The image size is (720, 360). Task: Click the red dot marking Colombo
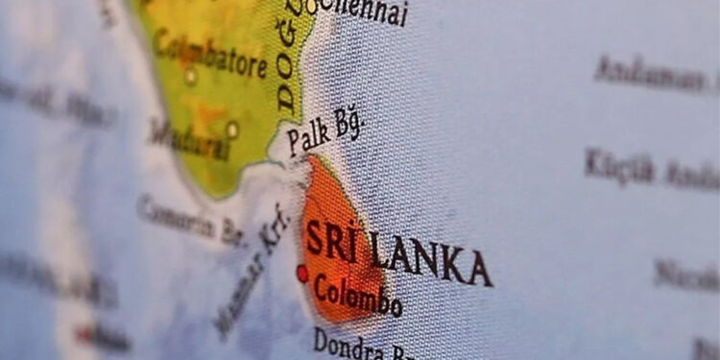[303, 274]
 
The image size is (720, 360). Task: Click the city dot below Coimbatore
[191, 76]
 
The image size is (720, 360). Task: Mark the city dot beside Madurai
[232, 128]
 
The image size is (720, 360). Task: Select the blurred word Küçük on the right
[619, 167]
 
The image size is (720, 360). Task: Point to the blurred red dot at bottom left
[85, 335]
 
